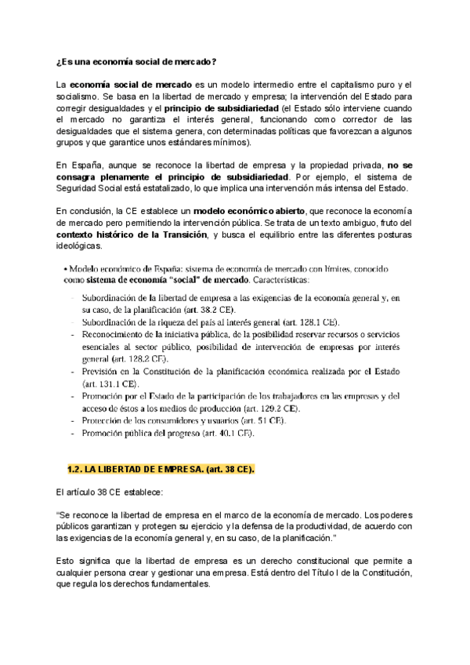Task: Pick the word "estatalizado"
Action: point(178,190)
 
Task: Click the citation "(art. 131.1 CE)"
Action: point(110,385)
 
